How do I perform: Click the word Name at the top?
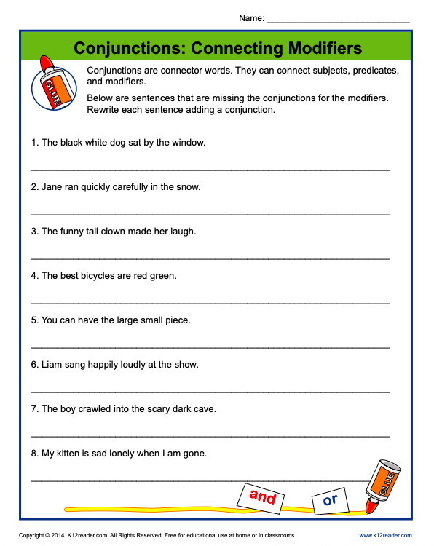tap(250, 17)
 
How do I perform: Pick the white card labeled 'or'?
tap(330, 500)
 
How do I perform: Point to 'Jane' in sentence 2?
tap(52, 187)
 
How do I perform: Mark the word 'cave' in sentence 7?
tap(204, 409)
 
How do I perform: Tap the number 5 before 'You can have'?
tap(33, 320)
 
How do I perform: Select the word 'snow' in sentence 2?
tap(187, 187)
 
